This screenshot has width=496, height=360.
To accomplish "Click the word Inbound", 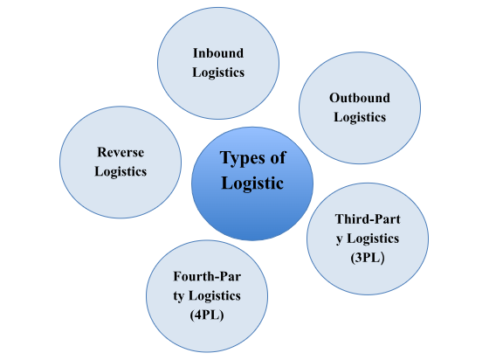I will click(x=218, y=53).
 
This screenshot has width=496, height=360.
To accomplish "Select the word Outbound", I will click(x=360, y=98).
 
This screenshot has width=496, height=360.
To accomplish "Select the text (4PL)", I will click(x=207, y=315).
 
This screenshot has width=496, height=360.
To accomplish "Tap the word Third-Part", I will click(x=368, y=218).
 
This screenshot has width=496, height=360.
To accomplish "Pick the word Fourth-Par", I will click(x=207, y=276).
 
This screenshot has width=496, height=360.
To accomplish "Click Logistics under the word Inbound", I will click(x=218, y=73).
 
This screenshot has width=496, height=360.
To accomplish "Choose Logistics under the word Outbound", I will click(x=360, y=117).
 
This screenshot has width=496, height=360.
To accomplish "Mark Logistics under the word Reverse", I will click(x=121, y=171).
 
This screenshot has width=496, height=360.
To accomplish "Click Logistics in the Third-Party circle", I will click(x=374, y=239).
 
